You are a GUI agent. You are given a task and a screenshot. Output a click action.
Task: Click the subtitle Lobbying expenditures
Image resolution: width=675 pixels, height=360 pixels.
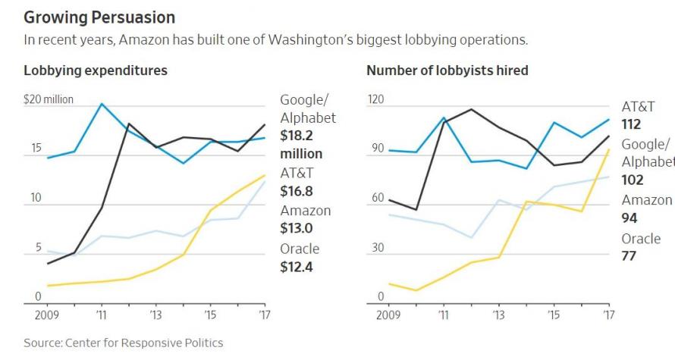pos(96,70)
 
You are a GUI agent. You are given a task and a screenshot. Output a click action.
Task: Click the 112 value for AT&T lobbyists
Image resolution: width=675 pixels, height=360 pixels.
pos(631,124)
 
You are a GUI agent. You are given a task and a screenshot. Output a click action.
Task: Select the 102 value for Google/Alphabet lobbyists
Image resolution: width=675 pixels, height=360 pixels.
pos(632,180)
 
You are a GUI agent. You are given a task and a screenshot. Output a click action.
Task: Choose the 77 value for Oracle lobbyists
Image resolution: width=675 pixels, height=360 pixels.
pos(628,257)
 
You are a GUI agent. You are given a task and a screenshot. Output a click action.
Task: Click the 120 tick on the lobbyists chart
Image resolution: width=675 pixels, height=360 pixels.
pos(376,100)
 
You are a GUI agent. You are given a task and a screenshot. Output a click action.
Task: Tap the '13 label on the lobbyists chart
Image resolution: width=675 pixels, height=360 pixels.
pos(498,314)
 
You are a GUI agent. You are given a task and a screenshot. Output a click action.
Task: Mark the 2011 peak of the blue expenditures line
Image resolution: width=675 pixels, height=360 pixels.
pos(101,104)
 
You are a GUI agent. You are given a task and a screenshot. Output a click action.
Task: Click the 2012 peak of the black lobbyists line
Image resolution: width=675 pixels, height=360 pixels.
pos(471,109)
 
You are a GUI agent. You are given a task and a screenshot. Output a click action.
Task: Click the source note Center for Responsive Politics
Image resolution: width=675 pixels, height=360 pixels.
pos(124,343)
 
